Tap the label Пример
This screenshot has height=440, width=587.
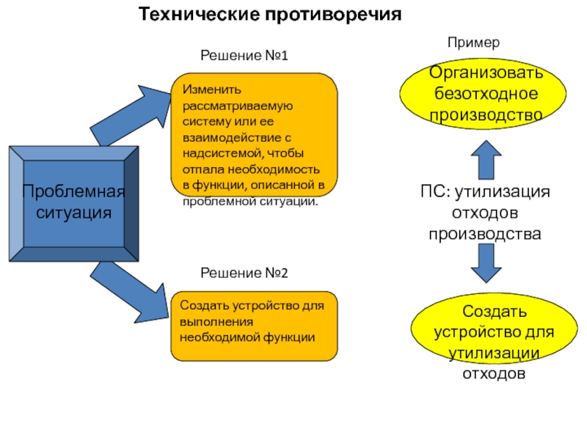pos(473,43)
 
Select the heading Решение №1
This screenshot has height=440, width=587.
pos(244,56)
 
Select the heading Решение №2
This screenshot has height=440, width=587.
pos(244,273)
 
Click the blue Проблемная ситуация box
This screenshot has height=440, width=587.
pos(73,204)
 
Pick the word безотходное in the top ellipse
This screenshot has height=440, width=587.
pos(486,94)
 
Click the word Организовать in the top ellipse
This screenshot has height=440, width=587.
pos(486,73)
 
